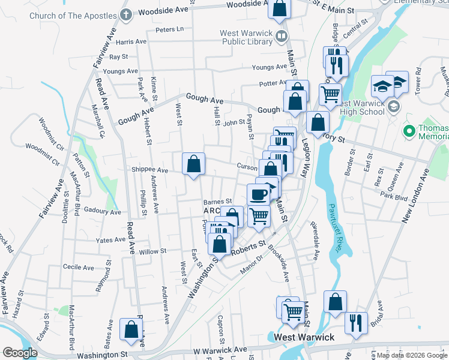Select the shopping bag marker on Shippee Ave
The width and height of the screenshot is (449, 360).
193,164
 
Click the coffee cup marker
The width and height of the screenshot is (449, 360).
259,194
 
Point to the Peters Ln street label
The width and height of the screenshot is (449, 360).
169,29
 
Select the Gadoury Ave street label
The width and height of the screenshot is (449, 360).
103,211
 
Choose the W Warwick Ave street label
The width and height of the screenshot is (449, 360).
220,349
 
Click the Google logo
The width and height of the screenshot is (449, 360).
20,353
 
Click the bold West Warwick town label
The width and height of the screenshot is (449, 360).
304,338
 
